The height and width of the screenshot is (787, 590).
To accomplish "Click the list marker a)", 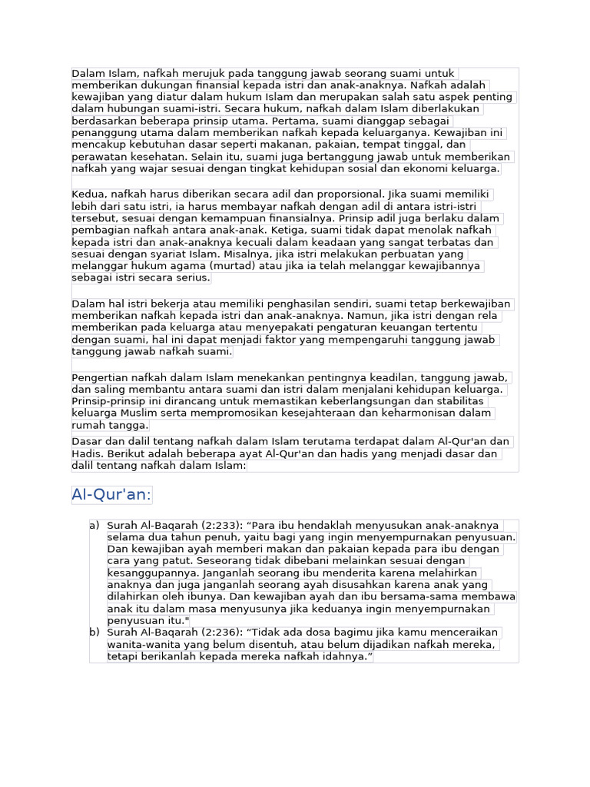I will click(94, 525).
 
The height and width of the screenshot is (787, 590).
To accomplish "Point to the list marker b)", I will click(94, 633).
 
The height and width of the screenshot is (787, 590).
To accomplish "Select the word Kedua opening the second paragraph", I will click(88, 194).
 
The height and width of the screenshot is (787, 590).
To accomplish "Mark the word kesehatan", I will click(154, 157).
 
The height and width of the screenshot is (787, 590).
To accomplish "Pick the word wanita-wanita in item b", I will click(141, 644).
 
